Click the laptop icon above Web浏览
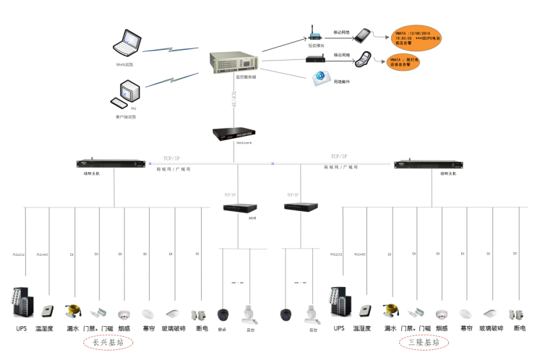tap(127, 43)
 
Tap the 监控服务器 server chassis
tap(226, 59)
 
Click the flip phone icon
tap(364, 57)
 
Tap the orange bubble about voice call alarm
tap(407, 61)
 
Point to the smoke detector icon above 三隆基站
tap(442, 314)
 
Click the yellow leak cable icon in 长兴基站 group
tap(73, 312)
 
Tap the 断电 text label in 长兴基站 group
tap(202, 329)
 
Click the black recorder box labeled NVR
tap(240, 207)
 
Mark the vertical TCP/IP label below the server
tap(233, 100)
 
